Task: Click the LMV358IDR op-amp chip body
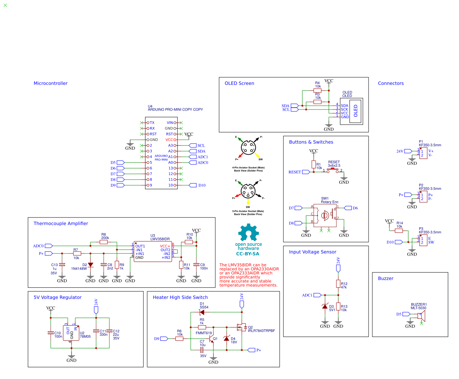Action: coord(152,252)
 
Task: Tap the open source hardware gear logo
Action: coord(249,232)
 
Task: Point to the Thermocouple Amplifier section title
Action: coord(61,224)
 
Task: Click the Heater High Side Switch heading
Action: coord(180,298)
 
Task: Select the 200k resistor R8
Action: coord(104,242)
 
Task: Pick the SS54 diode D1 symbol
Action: coord(202,312)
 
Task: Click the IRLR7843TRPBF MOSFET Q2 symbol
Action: coord(240,327)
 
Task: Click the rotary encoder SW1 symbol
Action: coord(325,215)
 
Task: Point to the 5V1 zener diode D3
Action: coord(325,306)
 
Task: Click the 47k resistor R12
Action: coord(338,283)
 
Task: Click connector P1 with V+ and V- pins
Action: coord(423,153)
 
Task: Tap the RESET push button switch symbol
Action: coord(334,171)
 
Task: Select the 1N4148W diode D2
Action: coord(90,265)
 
